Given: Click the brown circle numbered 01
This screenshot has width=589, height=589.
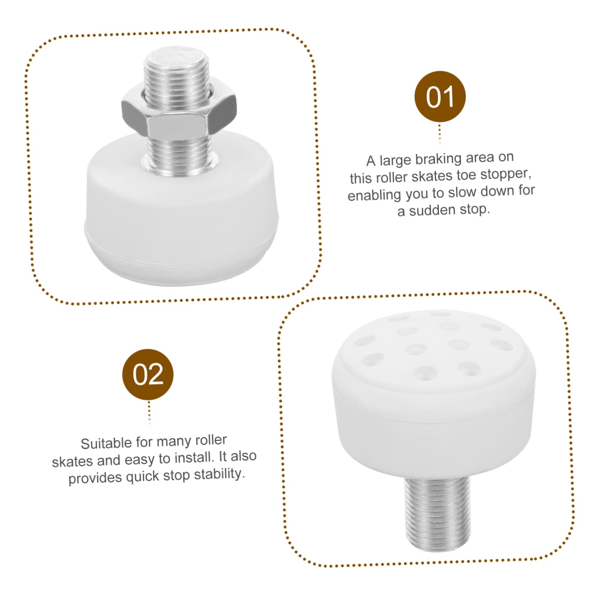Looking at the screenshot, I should click(440, 97).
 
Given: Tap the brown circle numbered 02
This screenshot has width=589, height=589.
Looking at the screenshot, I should click(148, 374).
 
